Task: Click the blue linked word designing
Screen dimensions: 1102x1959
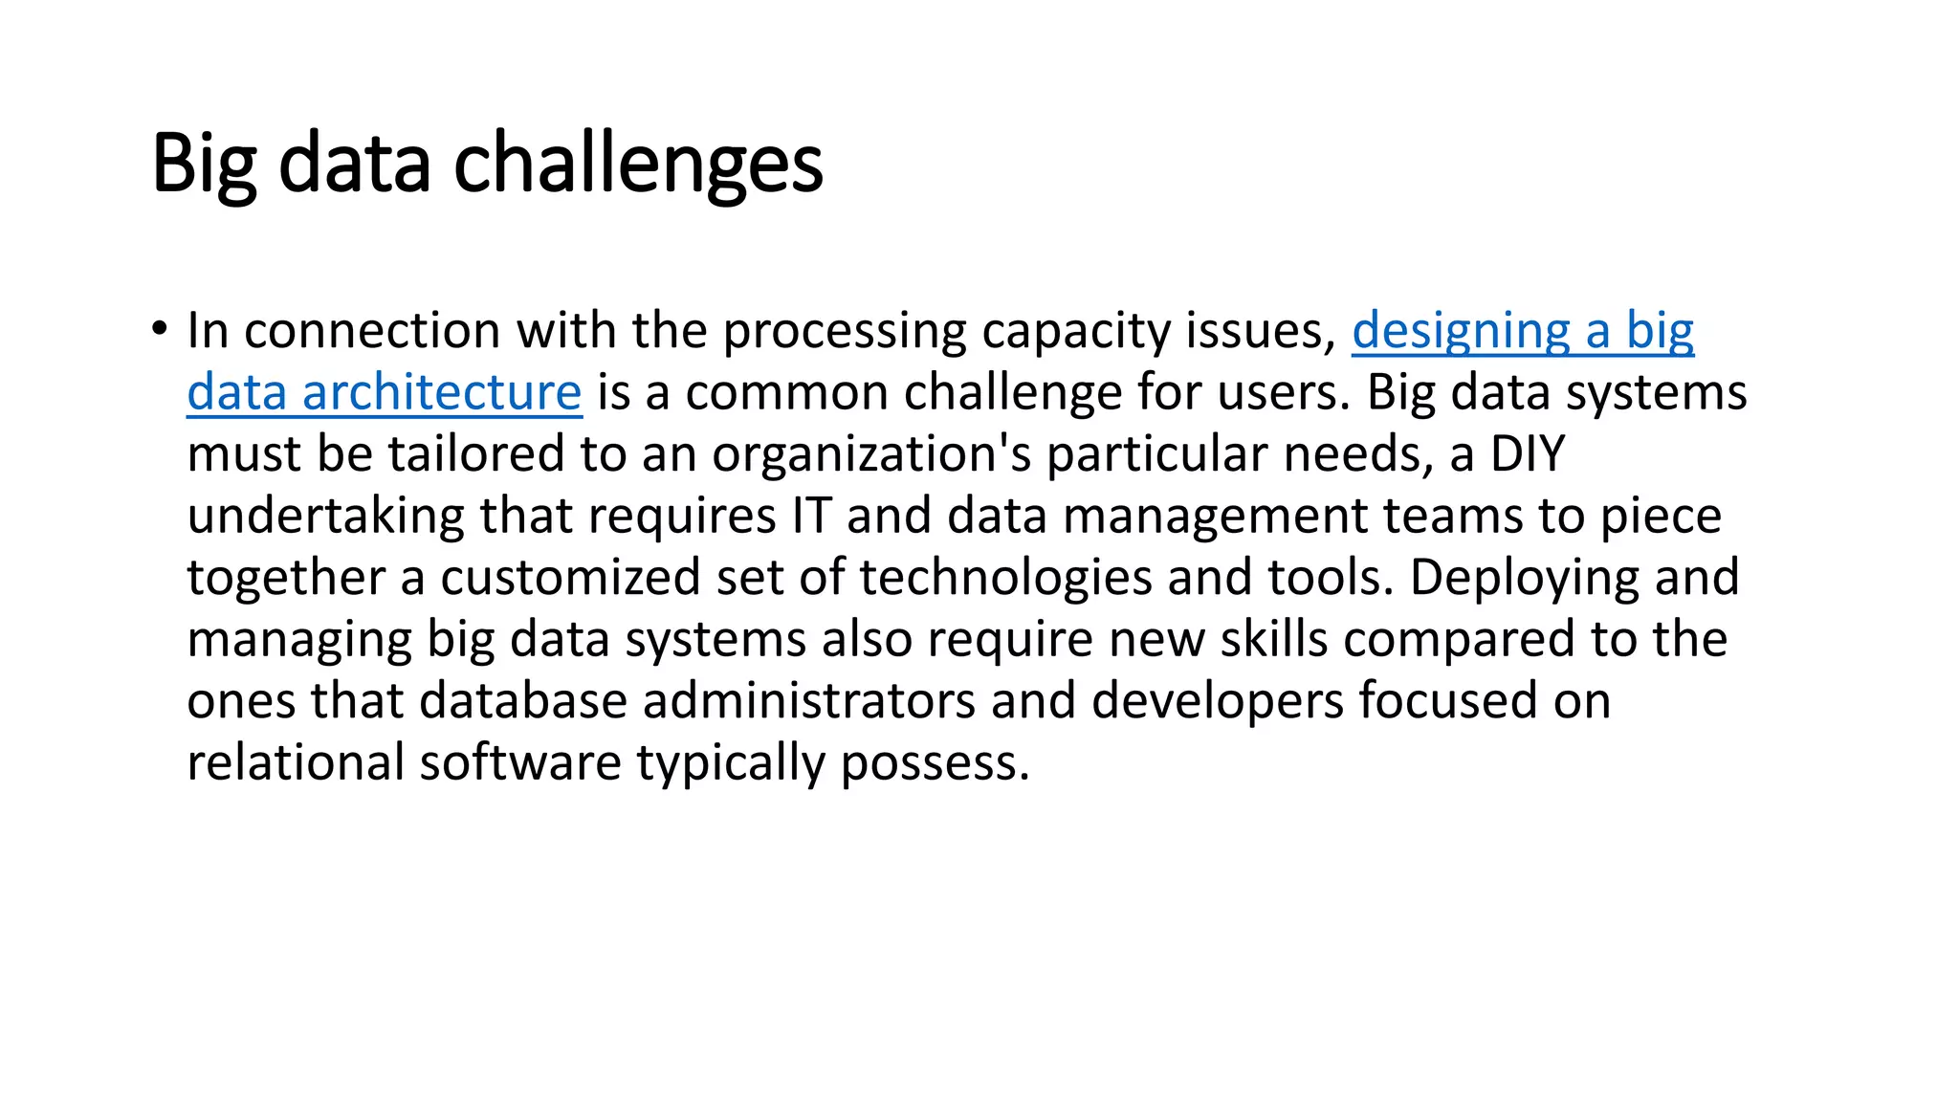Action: click(x=1461, y=332)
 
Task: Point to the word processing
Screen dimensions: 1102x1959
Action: click(x=844, y=332)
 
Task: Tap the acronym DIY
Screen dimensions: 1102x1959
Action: click(x=1527, y=454)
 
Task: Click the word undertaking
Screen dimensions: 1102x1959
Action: click(x=325, y=517)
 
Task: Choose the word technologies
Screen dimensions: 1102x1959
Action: click(x=1005, y=578)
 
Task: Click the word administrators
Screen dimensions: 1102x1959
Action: click(x=808, y=700)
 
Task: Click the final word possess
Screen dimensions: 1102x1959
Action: click(x=934, y=762)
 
